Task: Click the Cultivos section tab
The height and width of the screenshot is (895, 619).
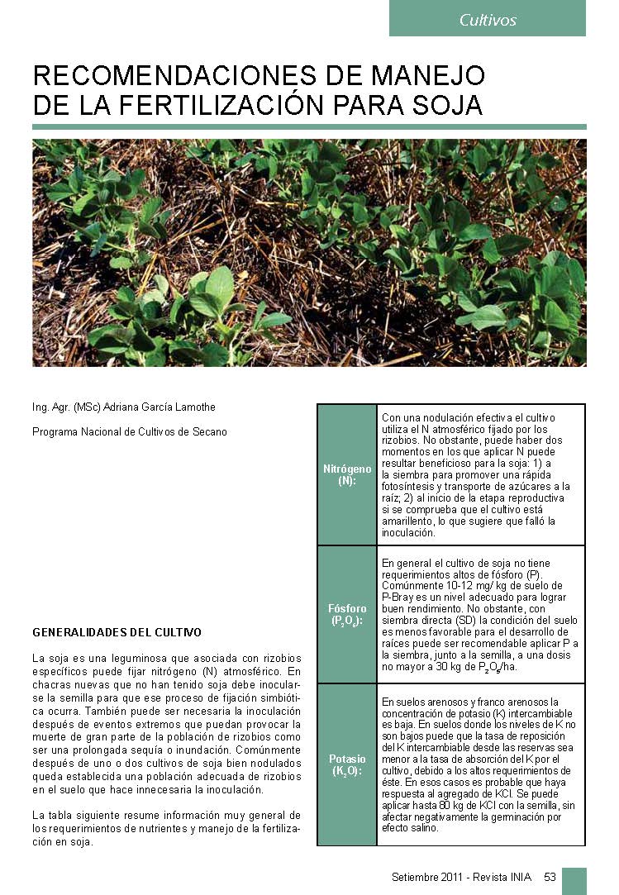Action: [488, 20]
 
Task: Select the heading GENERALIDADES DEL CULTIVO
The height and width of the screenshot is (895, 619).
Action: [117, 632]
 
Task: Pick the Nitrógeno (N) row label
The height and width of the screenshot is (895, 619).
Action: [347, 474]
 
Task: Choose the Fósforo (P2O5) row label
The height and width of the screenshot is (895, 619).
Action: [347, 614]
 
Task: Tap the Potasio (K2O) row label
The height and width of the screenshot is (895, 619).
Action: [347, 764]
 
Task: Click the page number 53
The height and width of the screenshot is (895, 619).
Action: [550, 877]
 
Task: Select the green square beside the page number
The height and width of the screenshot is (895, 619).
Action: [574, 880]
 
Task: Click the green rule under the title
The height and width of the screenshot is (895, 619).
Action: [309, 126]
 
